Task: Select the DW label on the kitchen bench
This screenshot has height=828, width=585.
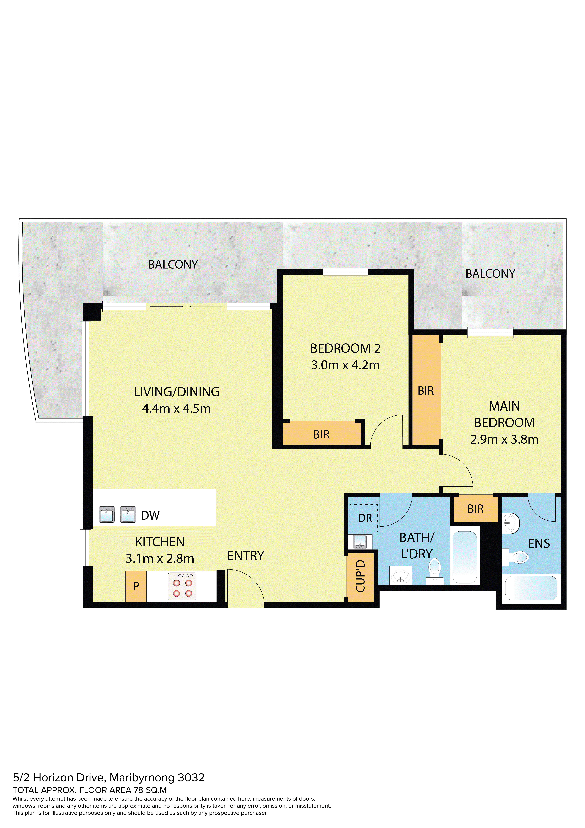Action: click(150, 516)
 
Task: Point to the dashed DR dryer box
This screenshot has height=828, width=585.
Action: click(363, 518)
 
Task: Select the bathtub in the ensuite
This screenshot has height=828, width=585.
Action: click(531, 588)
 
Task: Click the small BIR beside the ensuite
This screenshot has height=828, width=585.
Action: click(475, 509)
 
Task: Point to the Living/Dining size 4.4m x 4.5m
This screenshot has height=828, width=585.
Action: click(176, 409)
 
